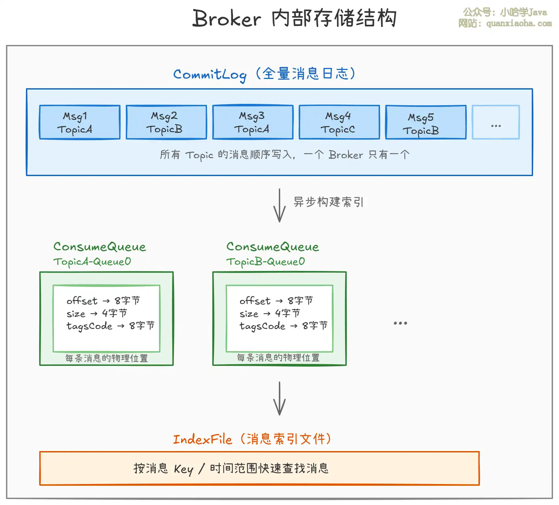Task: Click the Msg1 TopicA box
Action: tap(80, 122)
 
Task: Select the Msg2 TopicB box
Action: tap(166, 122)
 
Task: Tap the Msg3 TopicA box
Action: tap(253, 122)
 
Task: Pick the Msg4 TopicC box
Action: tap(339, 122)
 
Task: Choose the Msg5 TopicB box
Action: tap(426, 122)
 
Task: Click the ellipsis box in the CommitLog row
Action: tap(495, 122)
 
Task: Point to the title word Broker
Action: tap(227, 18)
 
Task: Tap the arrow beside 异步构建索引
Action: tap(279, 205)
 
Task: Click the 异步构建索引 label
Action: tap(328, 202)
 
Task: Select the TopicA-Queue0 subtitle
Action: tap(92, 262)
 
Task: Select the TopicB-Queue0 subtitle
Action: tap(265, 262)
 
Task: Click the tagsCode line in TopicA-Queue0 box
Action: tap(110, 326)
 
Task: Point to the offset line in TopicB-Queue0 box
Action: tap(276, 301)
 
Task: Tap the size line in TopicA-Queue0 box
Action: tap(96, 314)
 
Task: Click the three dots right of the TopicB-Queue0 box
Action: tap(400, 323)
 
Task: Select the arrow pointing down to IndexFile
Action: tap(279, 398)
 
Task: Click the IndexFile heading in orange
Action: tap(202, 440)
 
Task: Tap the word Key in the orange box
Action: tap(183, 469)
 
